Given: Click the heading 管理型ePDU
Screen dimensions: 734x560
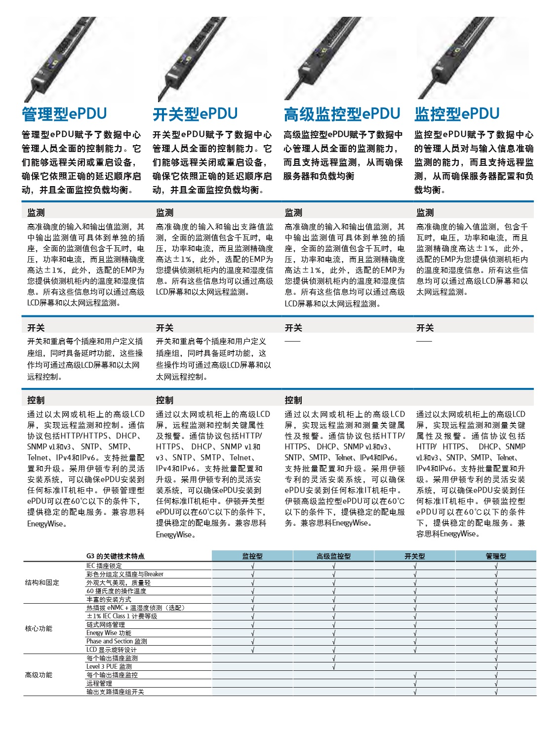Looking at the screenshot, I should [x=64, y=114].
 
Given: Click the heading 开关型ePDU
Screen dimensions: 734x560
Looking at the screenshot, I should [x=195, y=114].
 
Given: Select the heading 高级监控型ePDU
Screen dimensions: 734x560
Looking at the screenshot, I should [x=342, y=114].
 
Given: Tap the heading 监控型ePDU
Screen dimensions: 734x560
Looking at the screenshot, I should [x=457, y=114].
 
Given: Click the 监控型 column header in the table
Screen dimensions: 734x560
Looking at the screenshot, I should [x=252, y=556].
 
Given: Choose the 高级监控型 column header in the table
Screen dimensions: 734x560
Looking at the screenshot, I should [x=333, y=556].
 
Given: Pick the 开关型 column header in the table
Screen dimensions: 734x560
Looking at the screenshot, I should [x=414, y=556].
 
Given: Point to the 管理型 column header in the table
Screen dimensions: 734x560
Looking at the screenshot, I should [x=496, y=556].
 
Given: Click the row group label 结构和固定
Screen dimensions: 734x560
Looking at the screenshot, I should [x=42, y=582].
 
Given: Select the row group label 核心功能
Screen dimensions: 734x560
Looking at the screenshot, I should [x=39, y=628].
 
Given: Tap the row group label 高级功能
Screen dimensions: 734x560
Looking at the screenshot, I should [x=39, y=675].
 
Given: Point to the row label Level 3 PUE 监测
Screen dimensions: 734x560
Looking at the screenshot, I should [x=109, y=666].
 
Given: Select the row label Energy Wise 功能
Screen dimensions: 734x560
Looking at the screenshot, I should [x=109, y=633].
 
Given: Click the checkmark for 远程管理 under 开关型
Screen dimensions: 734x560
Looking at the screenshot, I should [x=415, y=684].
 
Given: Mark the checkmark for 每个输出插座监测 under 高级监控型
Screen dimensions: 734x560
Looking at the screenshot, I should [x=334, y=658].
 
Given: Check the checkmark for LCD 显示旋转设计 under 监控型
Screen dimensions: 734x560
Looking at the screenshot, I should [x=253, y=650].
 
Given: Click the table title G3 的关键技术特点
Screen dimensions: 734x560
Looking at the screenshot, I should [x=116, y=556].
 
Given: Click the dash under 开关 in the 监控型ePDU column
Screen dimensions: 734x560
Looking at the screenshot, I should [x=424, y=341].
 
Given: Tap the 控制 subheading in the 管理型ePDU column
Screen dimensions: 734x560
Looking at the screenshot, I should [x=36, y=400].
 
